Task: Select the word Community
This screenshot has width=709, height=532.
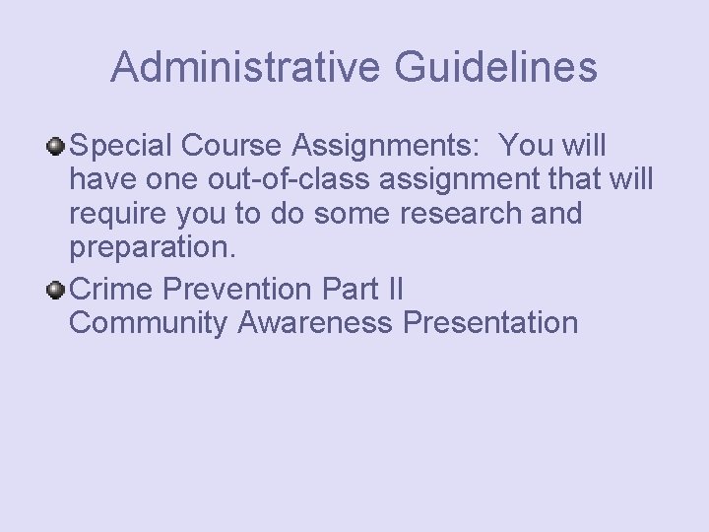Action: tap(149, 322)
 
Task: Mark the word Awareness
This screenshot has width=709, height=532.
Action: tap(315, 322)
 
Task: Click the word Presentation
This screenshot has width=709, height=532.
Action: tap(489, 322)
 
